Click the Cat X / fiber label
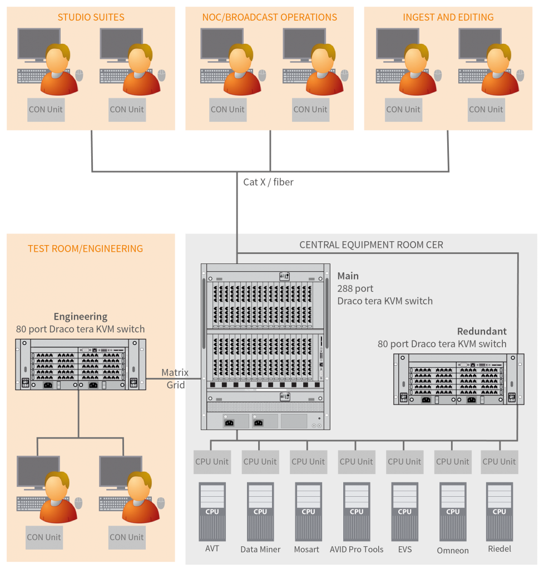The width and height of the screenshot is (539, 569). (268, 182)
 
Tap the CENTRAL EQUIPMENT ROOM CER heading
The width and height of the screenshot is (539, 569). (371, 244)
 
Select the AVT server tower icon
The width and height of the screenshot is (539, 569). (212, 512)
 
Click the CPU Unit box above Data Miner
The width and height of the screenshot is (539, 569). (260, 462)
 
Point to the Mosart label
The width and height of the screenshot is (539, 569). (306, 549)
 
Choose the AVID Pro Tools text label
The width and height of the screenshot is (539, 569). (357, 549)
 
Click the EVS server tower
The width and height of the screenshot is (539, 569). (404, 512)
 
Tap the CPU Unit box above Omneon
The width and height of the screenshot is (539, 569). (453, 462)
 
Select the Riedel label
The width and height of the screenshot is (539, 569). (499, 549)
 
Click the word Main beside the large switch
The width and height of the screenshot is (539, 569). (348, 276)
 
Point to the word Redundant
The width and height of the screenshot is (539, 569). (482, 331)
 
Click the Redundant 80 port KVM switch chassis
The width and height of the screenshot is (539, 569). (458, 379)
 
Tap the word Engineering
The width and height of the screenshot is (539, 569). (81, 317)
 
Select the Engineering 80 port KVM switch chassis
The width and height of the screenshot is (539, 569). (80, 364)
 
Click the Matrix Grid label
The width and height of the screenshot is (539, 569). (175, 378)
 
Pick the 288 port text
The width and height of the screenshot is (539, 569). (355, 288)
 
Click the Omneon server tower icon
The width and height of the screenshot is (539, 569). (453, 512)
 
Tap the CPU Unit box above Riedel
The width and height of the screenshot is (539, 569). (499, 462)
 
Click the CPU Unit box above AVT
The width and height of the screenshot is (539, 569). (212, 462)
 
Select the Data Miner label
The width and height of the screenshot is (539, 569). (260, 549)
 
